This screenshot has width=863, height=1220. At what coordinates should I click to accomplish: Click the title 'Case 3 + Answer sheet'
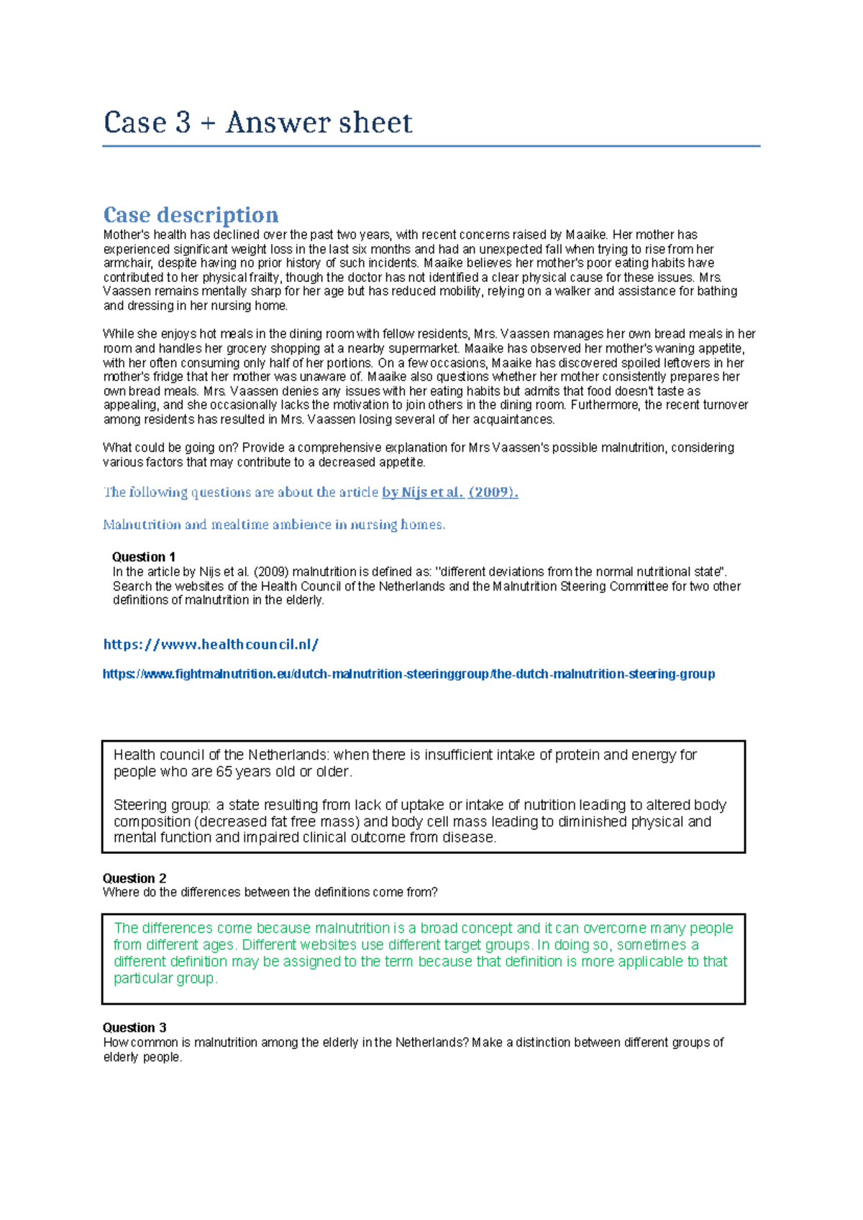click(257, 123)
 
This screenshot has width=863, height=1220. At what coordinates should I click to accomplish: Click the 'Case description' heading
click(191, 215)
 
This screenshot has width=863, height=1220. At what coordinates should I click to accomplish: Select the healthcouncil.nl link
click(211, 645)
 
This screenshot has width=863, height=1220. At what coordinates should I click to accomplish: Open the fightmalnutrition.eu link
click(408, 674)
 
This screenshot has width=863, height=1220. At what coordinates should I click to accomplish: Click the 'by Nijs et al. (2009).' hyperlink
click(449, 493)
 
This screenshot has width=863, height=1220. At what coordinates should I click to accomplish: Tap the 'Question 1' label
click(144, 557)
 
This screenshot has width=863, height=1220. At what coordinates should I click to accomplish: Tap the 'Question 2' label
click(134, 878)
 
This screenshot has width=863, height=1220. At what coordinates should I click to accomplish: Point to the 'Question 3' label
click(134, 1028)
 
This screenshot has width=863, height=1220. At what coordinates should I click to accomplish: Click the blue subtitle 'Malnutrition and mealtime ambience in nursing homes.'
click(274, 525)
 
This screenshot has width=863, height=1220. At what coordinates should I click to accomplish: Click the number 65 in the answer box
click(224, 772)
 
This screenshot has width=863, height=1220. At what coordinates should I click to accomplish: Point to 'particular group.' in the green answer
click(165, 978)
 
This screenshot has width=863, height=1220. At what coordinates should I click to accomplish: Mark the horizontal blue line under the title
click(431, 146)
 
